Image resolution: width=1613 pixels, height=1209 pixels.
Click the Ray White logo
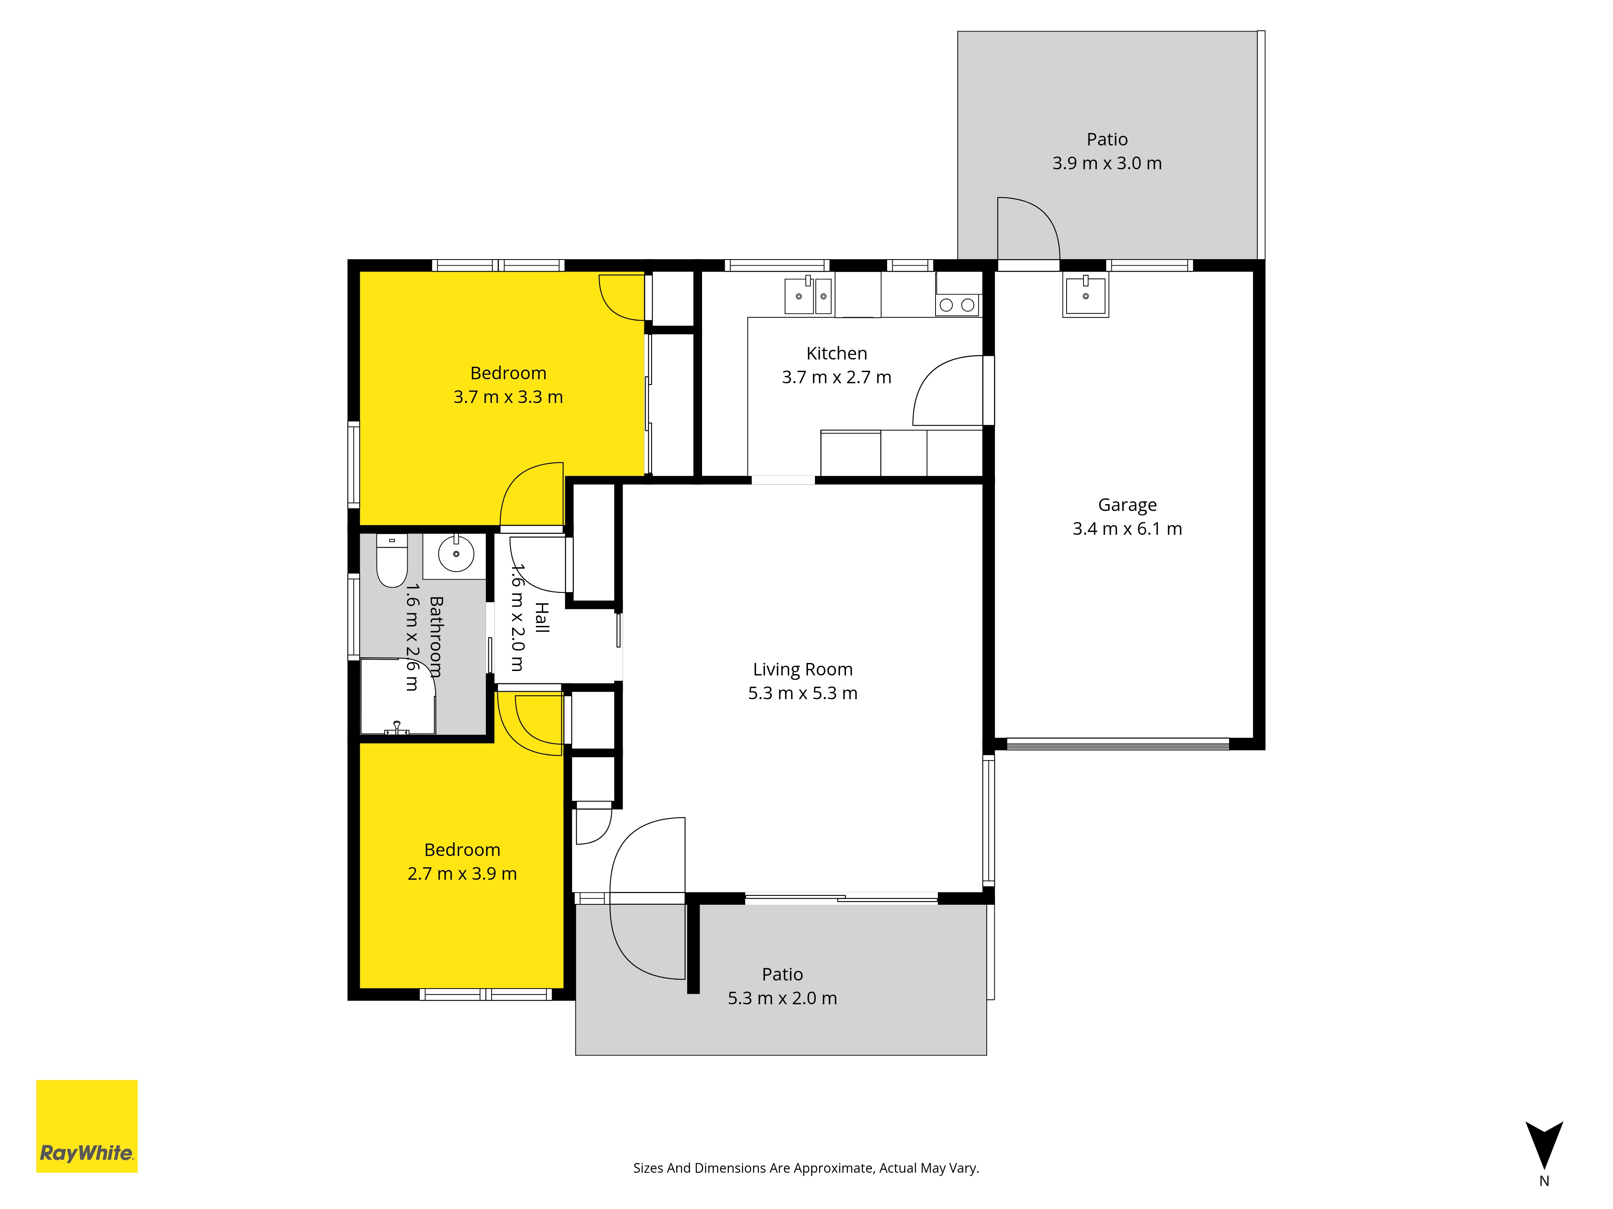click(87, 1126)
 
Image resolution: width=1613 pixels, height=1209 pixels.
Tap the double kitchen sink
click(808, 295)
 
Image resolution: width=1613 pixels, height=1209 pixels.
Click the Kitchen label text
click(836, 353)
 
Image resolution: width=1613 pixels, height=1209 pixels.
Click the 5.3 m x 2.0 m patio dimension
click(782, 998)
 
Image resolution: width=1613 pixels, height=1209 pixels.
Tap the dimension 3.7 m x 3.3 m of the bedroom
click(508, 397)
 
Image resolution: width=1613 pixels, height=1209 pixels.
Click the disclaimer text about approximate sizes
click(806, 1168)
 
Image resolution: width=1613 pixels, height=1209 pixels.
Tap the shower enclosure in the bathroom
click(398, 696)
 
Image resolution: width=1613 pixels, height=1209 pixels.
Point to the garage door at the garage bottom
click(1117, 744)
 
